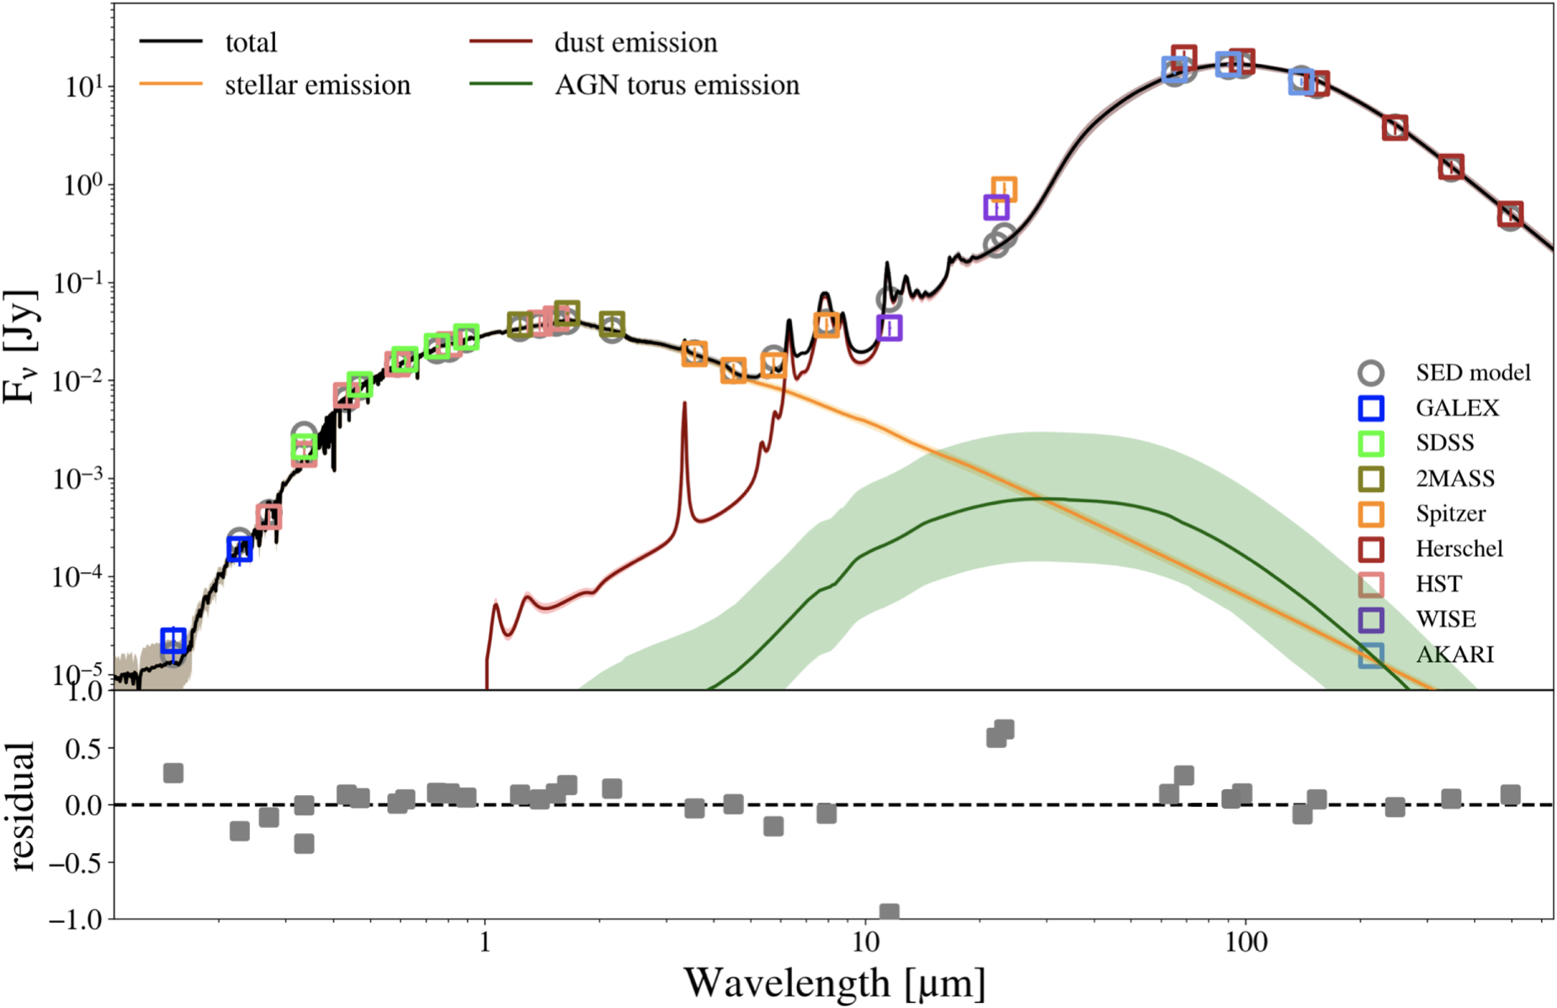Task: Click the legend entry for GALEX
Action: (1457, 408)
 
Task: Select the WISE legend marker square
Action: (1371, 619)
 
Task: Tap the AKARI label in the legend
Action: (1454, 655)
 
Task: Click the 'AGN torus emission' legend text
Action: (677, 85)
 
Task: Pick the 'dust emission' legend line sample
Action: (501, 41)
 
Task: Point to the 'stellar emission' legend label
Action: (317, 85)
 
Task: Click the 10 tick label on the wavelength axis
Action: (864, 942)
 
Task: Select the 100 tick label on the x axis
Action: (1244, 942)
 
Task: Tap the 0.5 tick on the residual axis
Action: (83, 749)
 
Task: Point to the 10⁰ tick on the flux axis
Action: (83, 185)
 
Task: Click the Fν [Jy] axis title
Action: (20, 347)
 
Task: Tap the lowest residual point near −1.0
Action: (889, 913)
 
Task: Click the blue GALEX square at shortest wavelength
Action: (173, 640)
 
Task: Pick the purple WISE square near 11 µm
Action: (889, 327)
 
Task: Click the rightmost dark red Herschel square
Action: (1510, 214)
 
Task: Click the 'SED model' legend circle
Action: (1371, 373)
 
